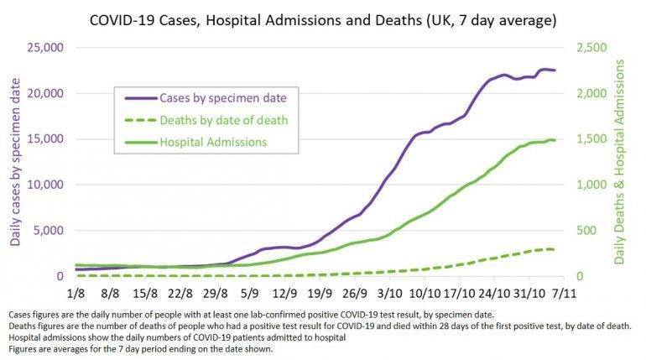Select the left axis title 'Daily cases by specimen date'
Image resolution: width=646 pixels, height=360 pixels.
tap(17, 162)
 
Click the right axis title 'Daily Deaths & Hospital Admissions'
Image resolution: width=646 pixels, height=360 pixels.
tap(620, 162)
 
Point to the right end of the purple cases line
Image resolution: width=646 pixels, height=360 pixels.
tap(555, 70)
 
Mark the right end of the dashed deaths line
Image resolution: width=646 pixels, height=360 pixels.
tap(555, 249)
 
